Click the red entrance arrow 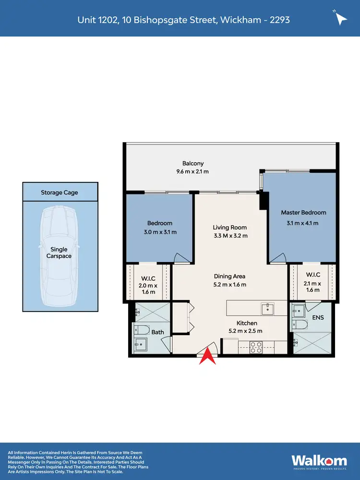pyautogui.click(x=207, y=357)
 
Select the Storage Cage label pyautogui.click(x=59, y=192)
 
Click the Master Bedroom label pyautogui.click(x=303, y=213)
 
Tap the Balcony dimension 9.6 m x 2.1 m pyautogui.click(x=192, y=171)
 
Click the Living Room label pyautogui.click(x=230, y=228)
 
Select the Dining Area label pyautogui.click(x=230, y=276)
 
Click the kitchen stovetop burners pyautogui.click(x=255, y=347)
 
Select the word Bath pyautogui.click(x=158, y=332)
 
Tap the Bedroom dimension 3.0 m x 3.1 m pyautogui.click(x=160, y=232)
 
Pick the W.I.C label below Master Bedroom pyautogui.click(x=313, y=275)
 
